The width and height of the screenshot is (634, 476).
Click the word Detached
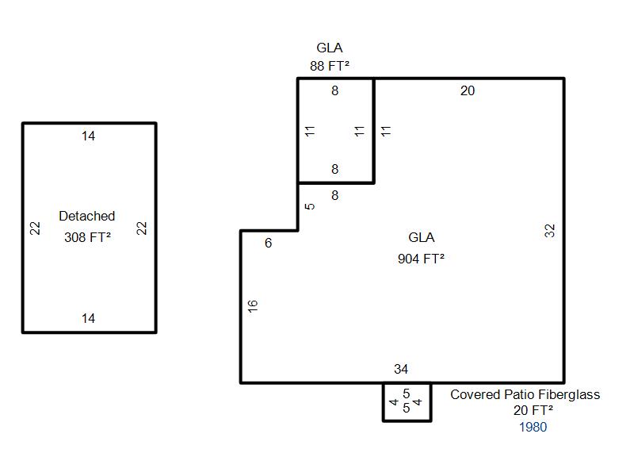87,216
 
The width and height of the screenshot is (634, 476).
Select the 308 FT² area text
87,236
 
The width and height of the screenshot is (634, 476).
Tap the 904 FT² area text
421,259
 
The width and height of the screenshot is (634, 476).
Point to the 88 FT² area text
330,66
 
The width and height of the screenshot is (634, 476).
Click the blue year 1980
533,427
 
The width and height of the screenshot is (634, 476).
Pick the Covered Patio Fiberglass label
525,394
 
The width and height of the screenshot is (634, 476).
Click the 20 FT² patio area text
533,410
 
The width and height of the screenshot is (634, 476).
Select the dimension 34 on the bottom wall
401,369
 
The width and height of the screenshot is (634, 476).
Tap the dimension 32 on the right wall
551,230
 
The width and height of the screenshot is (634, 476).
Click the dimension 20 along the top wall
468,91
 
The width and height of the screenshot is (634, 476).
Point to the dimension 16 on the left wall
254,305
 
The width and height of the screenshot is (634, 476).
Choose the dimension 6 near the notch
268,244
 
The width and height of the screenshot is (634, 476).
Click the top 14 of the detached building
88,136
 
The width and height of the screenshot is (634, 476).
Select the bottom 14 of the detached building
88,318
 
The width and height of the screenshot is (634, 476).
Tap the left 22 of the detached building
35,228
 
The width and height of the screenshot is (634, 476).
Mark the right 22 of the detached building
142,228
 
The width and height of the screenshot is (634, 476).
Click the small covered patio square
407,401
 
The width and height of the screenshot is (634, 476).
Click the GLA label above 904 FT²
421,237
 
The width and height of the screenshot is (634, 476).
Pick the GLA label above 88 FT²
330,48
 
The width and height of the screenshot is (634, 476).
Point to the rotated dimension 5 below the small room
311,206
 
